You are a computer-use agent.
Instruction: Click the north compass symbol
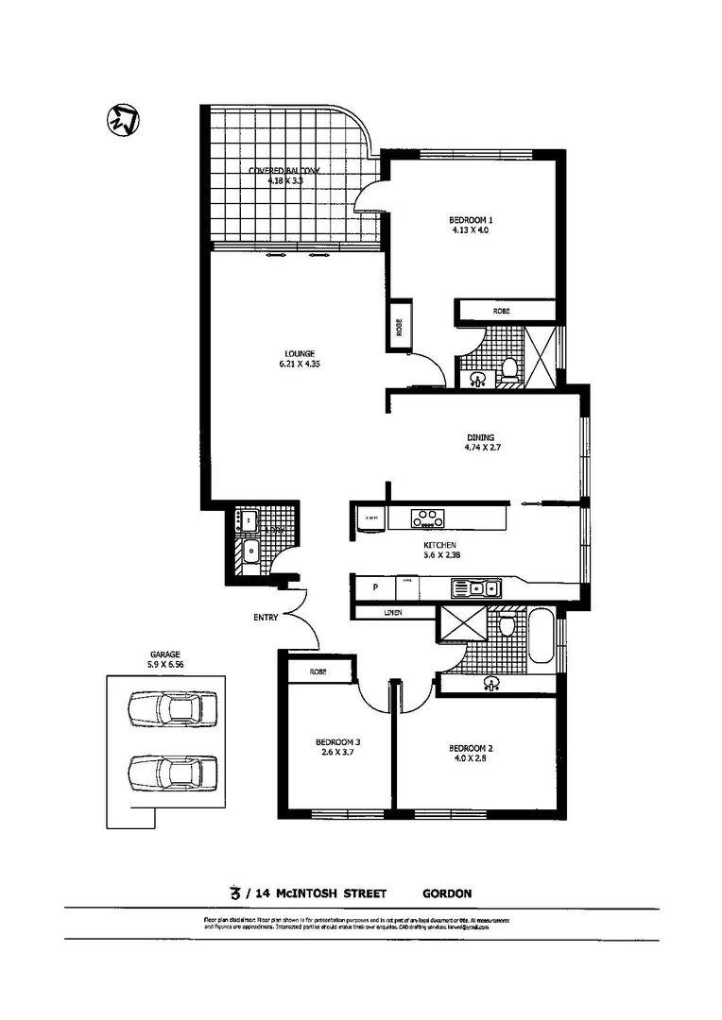(120, 120)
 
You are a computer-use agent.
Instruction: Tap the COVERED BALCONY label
(284, 171)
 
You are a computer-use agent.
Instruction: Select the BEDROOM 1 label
(472, 220)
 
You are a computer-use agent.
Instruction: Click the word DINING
(480, 437)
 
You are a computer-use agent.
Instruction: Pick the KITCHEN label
(440, 546)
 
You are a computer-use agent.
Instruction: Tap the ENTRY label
(265, 618)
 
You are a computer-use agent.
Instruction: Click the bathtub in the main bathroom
(542, 637)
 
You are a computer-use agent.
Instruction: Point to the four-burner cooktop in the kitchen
(427, 518)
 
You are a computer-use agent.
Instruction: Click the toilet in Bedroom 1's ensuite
(509, 369)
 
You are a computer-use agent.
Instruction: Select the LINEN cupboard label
(393, 613)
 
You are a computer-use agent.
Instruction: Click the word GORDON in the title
(447, 892)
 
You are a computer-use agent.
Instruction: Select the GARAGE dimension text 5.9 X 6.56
(164, 665)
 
